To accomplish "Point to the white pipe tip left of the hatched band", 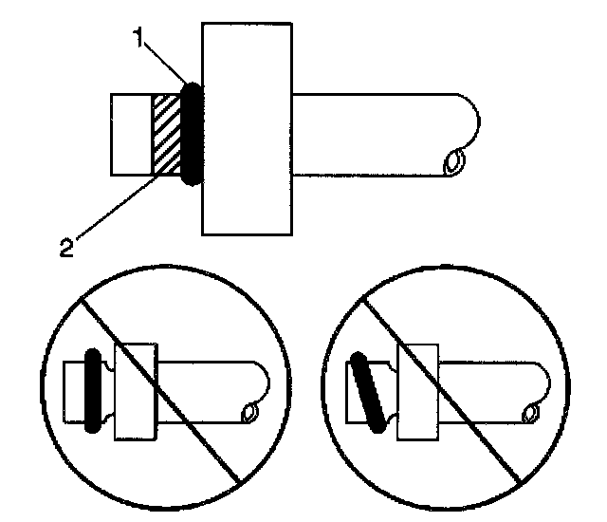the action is coord(131,134).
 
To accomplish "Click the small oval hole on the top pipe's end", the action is coord(453,163).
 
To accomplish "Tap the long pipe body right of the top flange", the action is coord(379,134).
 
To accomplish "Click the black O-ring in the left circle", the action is coord(92,390).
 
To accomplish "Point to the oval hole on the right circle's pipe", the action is coord(532,412).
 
